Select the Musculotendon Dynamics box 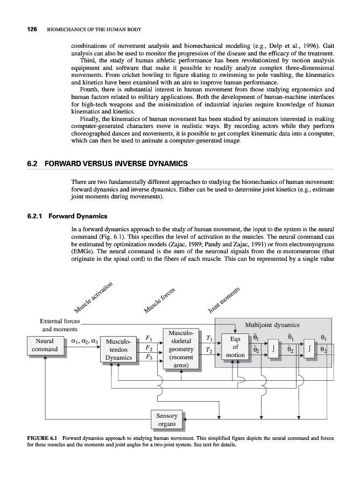(x=118, y=350)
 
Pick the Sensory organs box (x=166, y=420)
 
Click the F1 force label (x=148, y=338)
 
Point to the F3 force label (x=148, y=358)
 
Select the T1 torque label (x=208, y=338)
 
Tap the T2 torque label (x=208, y=351)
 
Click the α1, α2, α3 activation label (x=84, y=340)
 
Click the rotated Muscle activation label (x=93, y=297)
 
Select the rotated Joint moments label (x=223, y=300)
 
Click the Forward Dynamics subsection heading (x=78, y=217)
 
